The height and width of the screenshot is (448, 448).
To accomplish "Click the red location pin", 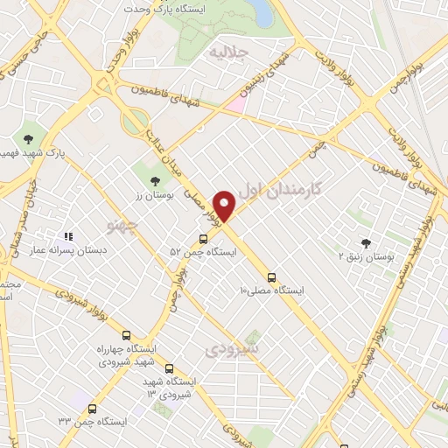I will (227, 205).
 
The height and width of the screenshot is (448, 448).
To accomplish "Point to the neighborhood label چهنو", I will (122, 227).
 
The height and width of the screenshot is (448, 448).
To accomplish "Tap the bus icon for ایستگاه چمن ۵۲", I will (203, 238).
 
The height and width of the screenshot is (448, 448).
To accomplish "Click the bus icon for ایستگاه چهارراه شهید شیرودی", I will (126, 335).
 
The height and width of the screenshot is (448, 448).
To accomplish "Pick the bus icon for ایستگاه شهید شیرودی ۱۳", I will (168, 368).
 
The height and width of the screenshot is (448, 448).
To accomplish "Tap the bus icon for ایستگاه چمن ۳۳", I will (92, 407).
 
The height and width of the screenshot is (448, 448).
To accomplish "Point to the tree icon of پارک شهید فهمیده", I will (29, 138).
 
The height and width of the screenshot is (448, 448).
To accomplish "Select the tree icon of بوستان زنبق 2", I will (366, 243).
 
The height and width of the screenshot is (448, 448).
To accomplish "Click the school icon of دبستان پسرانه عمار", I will (67, 235).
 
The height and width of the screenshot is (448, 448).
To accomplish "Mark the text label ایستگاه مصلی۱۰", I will (272, 290).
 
